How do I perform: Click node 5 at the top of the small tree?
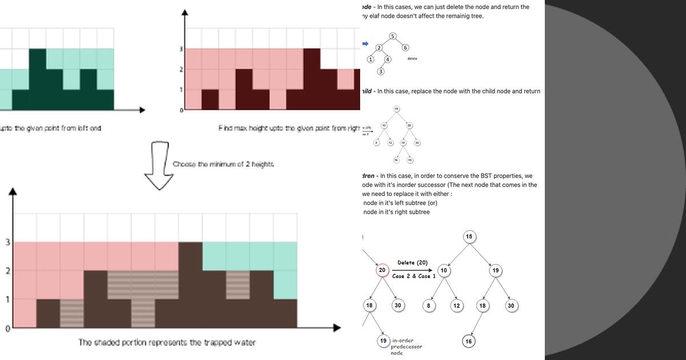(393, 37)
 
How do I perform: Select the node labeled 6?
(405, 47)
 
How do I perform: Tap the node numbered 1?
(370, 59)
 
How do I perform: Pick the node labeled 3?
(381, 71)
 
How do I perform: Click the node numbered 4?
(388, 59)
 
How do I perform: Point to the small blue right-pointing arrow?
(365, 43)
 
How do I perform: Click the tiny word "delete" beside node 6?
(412, 59)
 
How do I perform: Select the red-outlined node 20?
(382, 270)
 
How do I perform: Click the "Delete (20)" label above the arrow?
(413, 263)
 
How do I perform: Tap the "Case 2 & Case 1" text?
(414, 276)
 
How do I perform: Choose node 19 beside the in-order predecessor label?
(384, 341)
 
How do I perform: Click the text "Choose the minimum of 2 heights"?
(223, 164)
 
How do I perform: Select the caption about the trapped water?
(167, 343)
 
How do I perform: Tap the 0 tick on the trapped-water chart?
(7, 329)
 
